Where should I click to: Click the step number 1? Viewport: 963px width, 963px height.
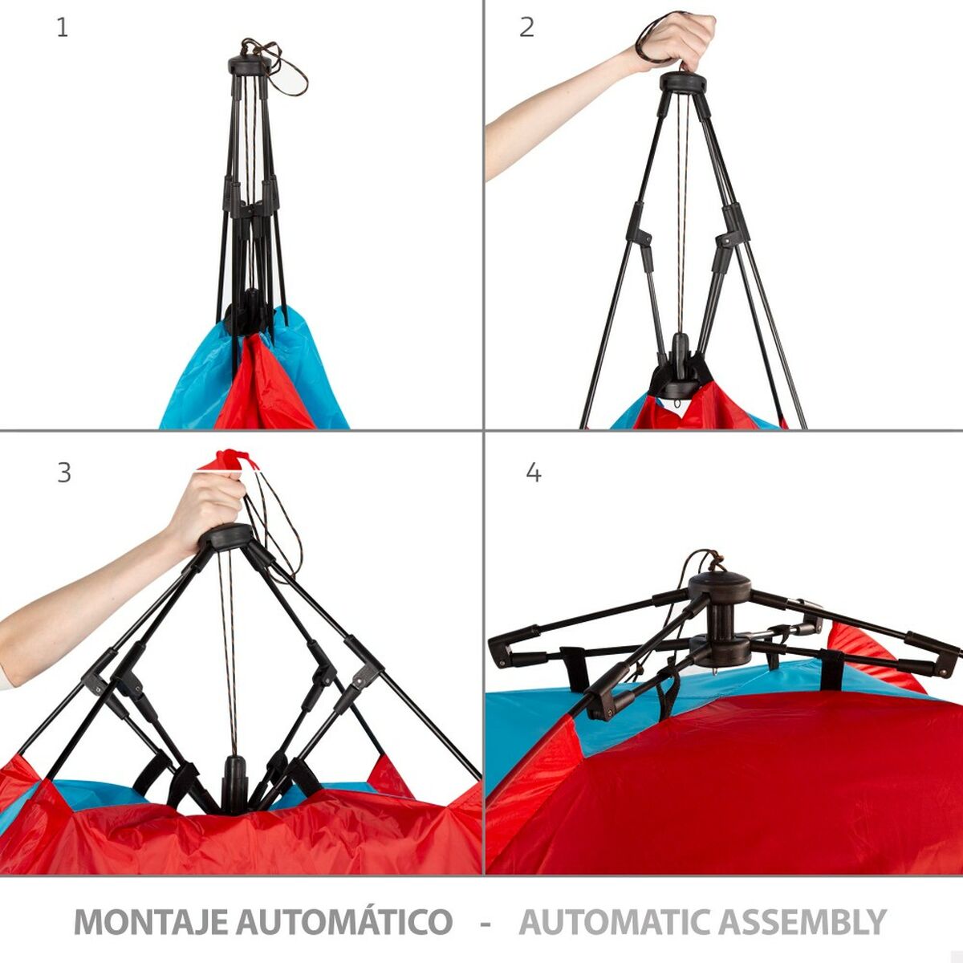(x=63, y=28)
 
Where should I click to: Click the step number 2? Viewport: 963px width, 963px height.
(x=526, y=28)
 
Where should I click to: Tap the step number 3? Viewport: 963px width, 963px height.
(x=64, y=473)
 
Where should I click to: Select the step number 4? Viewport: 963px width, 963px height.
(x=534, y=473)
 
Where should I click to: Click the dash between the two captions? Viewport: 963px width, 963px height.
(x=485, y=922)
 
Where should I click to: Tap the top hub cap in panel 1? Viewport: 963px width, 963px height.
(x=249, y=64)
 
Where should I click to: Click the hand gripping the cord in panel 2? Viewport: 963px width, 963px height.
(x=682, y=40)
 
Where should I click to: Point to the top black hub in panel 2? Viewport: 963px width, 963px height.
(x=683, y=82)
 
